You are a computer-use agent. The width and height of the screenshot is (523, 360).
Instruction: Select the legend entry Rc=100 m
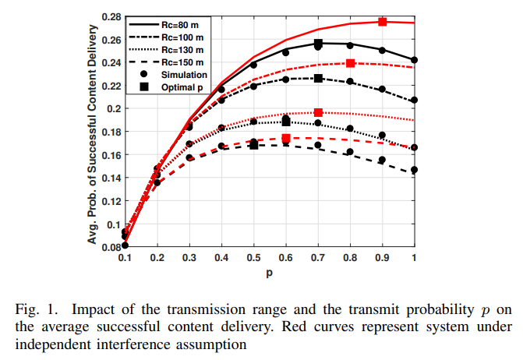click(180, 37)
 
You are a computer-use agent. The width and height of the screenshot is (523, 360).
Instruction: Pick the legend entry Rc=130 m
click(180, 50)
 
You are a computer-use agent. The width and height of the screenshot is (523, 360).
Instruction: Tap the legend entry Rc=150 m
click(180, 62)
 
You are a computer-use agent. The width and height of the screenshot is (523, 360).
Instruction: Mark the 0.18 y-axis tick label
click(108, 132)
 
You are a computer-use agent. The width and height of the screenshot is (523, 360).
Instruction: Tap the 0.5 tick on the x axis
click(253, 258)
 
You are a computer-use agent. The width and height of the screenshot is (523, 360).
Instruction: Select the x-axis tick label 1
click(414, 258)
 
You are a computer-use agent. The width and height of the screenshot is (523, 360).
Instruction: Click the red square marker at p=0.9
click(383, 22)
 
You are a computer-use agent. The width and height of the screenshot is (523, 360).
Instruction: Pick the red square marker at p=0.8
click(351, 63)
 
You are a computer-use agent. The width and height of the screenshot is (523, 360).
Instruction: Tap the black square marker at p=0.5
click(253, 146)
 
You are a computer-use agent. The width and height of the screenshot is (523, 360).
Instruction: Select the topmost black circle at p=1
click(415, 60)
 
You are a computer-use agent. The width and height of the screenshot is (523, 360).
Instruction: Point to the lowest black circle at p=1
click(415, 170)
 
